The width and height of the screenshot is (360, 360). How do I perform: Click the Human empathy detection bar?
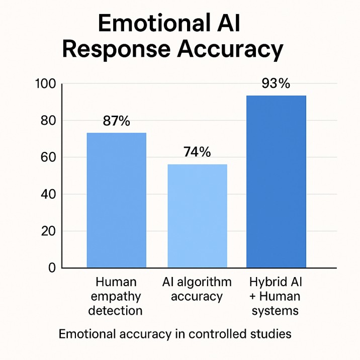117,200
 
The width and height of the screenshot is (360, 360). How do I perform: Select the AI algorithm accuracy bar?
197,216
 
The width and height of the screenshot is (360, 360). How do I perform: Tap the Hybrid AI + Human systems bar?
276,181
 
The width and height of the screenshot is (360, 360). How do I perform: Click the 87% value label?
116,121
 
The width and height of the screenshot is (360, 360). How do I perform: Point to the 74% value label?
197,152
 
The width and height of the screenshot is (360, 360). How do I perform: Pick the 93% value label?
276,83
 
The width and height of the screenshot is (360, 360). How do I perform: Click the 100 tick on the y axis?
45,84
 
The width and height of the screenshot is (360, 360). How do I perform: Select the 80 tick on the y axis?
47,121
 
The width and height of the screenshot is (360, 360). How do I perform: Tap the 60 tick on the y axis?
47,157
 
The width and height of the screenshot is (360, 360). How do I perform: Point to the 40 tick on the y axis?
47,194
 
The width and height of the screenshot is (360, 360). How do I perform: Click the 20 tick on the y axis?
47,231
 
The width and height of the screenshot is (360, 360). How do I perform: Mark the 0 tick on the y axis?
51,268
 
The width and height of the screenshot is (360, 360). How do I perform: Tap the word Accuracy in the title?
230,50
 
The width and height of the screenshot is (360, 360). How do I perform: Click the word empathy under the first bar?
115,296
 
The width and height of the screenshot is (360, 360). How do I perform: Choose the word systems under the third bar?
276,311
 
